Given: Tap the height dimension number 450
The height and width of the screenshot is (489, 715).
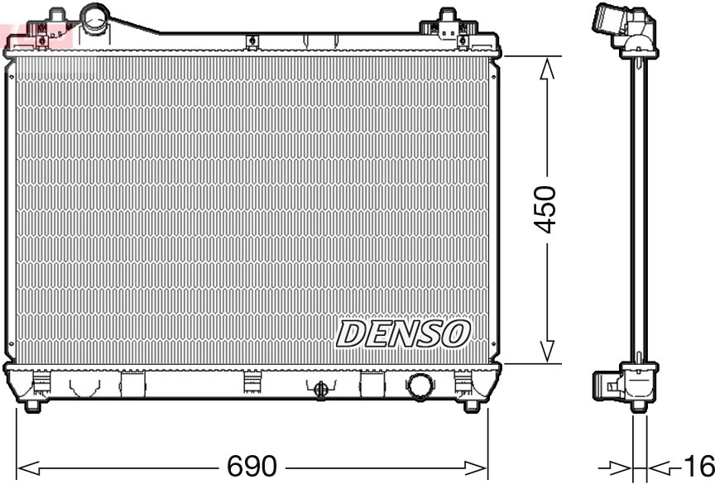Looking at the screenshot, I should pyautogui.click(x=545, y=209).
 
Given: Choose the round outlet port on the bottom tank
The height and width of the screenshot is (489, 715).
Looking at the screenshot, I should pyautogui.click(x=420, y=385).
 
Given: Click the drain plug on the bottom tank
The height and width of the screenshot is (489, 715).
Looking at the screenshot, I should pyautogui.click(x=321, y=387).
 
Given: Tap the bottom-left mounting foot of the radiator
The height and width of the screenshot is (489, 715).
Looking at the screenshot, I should pyautogui.click(x=32, y=405).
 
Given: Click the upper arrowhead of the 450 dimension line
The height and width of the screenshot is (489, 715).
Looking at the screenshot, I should pyautogui.click(x=545, y=70).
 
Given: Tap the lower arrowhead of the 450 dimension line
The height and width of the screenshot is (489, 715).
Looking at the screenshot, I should pyautogui.click(x=545, y=350).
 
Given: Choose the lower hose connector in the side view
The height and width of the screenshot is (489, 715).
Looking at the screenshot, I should pyautogui.click(x=609, y=385).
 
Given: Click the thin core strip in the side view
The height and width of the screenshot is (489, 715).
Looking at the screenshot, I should pyautogui.click(x=639, y=207).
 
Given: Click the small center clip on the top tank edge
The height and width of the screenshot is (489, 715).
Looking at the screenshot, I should pyautogui.click(x=252, y=41).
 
